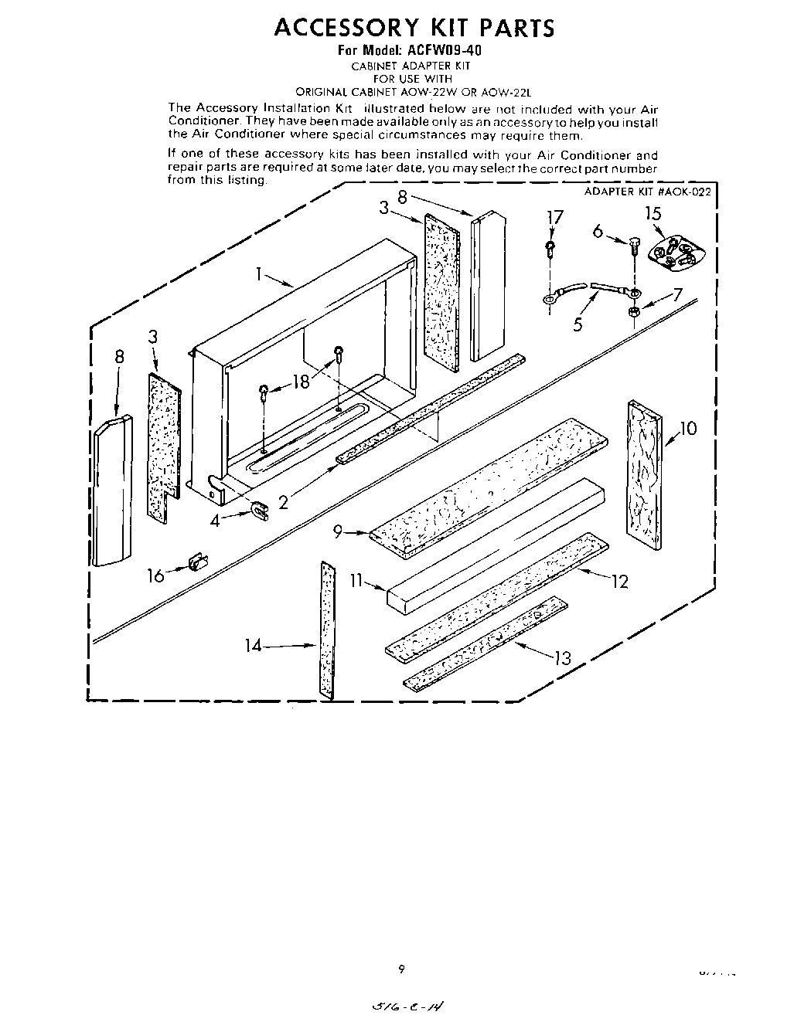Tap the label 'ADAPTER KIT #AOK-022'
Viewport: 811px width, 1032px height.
[x=647, y=192]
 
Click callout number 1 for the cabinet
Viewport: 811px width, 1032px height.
[x=261, y=273]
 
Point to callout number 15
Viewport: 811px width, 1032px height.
[x=653, y=214]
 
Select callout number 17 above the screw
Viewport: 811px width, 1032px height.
[x=554, y=218]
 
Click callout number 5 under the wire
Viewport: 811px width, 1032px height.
[x=578, y=324]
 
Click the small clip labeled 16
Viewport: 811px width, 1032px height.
[x=198, y=562]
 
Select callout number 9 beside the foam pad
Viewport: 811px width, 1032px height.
[x=339, y=531]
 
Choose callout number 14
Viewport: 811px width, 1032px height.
[x=254, y=645]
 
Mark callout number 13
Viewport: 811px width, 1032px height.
[x=562, y=657]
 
